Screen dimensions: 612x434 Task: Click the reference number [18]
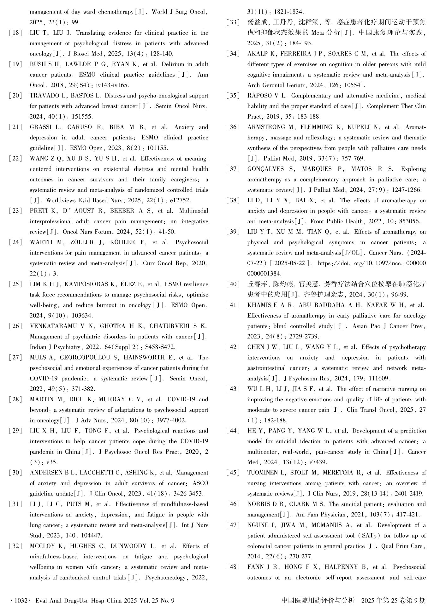15,33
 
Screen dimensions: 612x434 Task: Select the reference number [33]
233,22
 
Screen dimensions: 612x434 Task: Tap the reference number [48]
233,567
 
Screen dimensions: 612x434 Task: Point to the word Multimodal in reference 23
193,211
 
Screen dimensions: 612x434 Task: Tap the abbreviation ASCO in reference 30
200,483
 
